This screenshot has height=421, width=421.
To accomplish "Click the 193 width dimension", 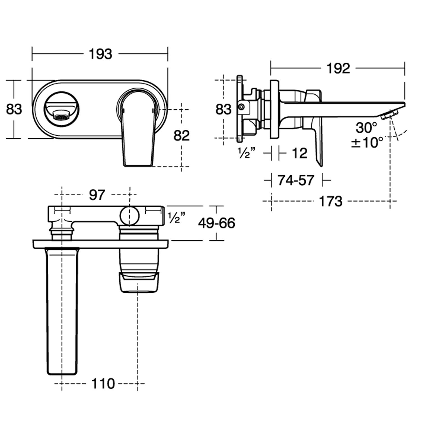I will [100, 54].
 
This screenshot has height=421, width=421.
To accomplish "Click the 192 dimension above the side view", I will [338, 68].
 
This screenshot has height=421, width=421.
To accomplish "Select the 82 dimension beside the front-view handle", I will [182, 136].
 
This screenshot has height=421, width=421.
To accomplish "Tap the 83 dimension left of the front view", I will [14, 109].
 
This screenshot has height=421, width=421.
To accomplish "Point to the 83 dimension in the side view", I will [223, 109].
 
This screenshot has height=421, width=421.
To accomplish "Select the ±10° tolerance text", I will [367, 142].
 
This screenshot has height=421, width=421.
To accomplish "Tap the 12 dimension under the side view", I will [299, 153].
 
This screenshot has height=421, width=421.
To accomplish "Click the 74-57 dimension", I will [296, 180].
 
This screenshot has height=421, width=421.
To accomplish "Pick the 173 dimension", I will [331, 201].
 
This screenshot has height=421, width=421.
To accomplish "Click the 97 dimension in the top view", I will [97, 195].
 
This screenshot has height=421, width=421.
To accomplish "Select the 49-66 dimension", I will [216, 223].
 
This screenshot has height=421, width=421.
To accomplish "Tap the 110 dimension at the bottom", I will [103, 383].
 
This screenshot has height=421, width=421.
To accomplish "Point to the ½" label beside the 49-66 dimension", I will [177, 218].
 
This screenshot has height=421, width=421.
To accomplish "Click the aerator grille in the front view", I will [61, 115].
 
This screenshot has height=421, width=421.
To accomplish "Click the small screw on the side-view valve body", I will [241, 107].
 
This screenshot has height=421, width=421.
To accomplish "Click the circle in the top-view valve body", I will [129, 216].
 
